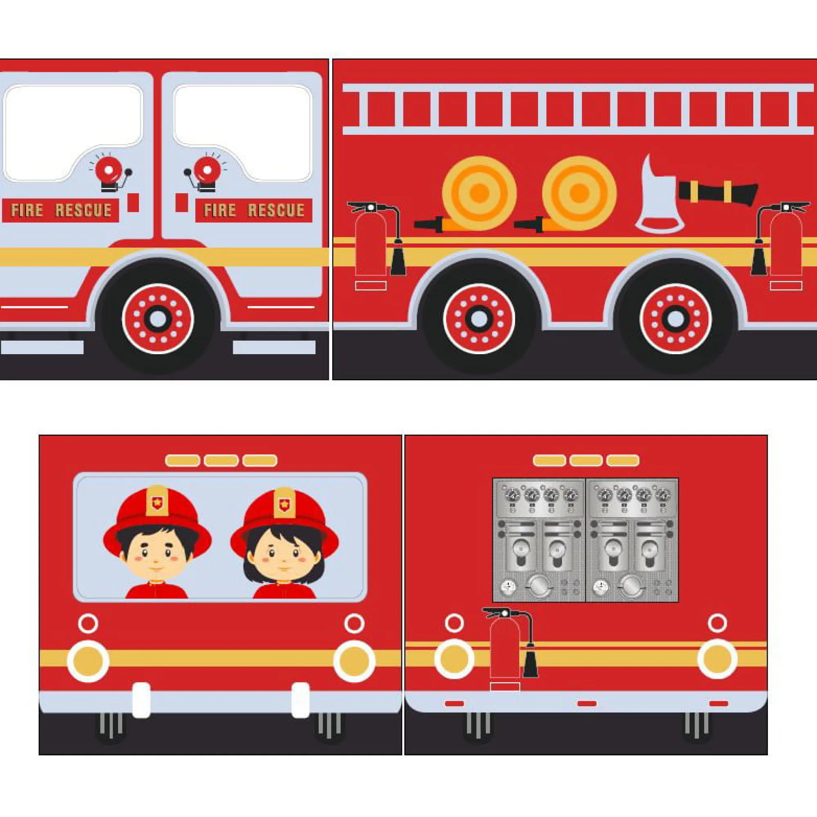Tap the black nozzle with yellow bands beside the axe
(718, 192)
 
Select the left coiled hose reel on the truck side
(479, 193)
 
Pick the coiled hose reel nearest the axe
(579, 193)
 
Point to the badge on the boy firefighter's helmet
(157, 503)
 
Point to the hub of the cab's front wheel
(158, 319)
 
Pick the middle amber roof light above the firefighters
(221, 460)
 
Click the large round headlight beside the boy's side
(88, 661)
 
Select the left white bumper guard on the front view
(141, 700)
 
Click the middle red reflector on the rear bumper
(587, 704)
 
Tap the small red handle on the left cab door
(133, 203)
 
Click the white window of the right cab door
(243, 133)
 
